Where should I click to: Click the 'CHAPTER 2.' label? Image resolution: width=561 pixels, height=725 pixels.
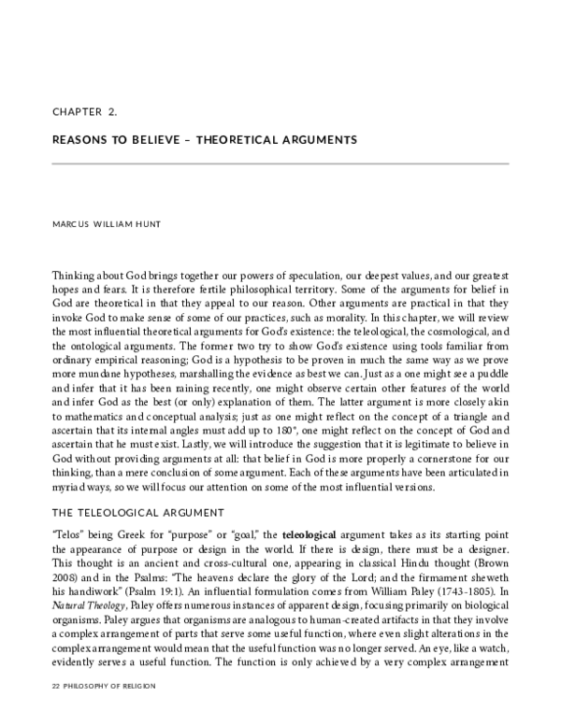[85, 111]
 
